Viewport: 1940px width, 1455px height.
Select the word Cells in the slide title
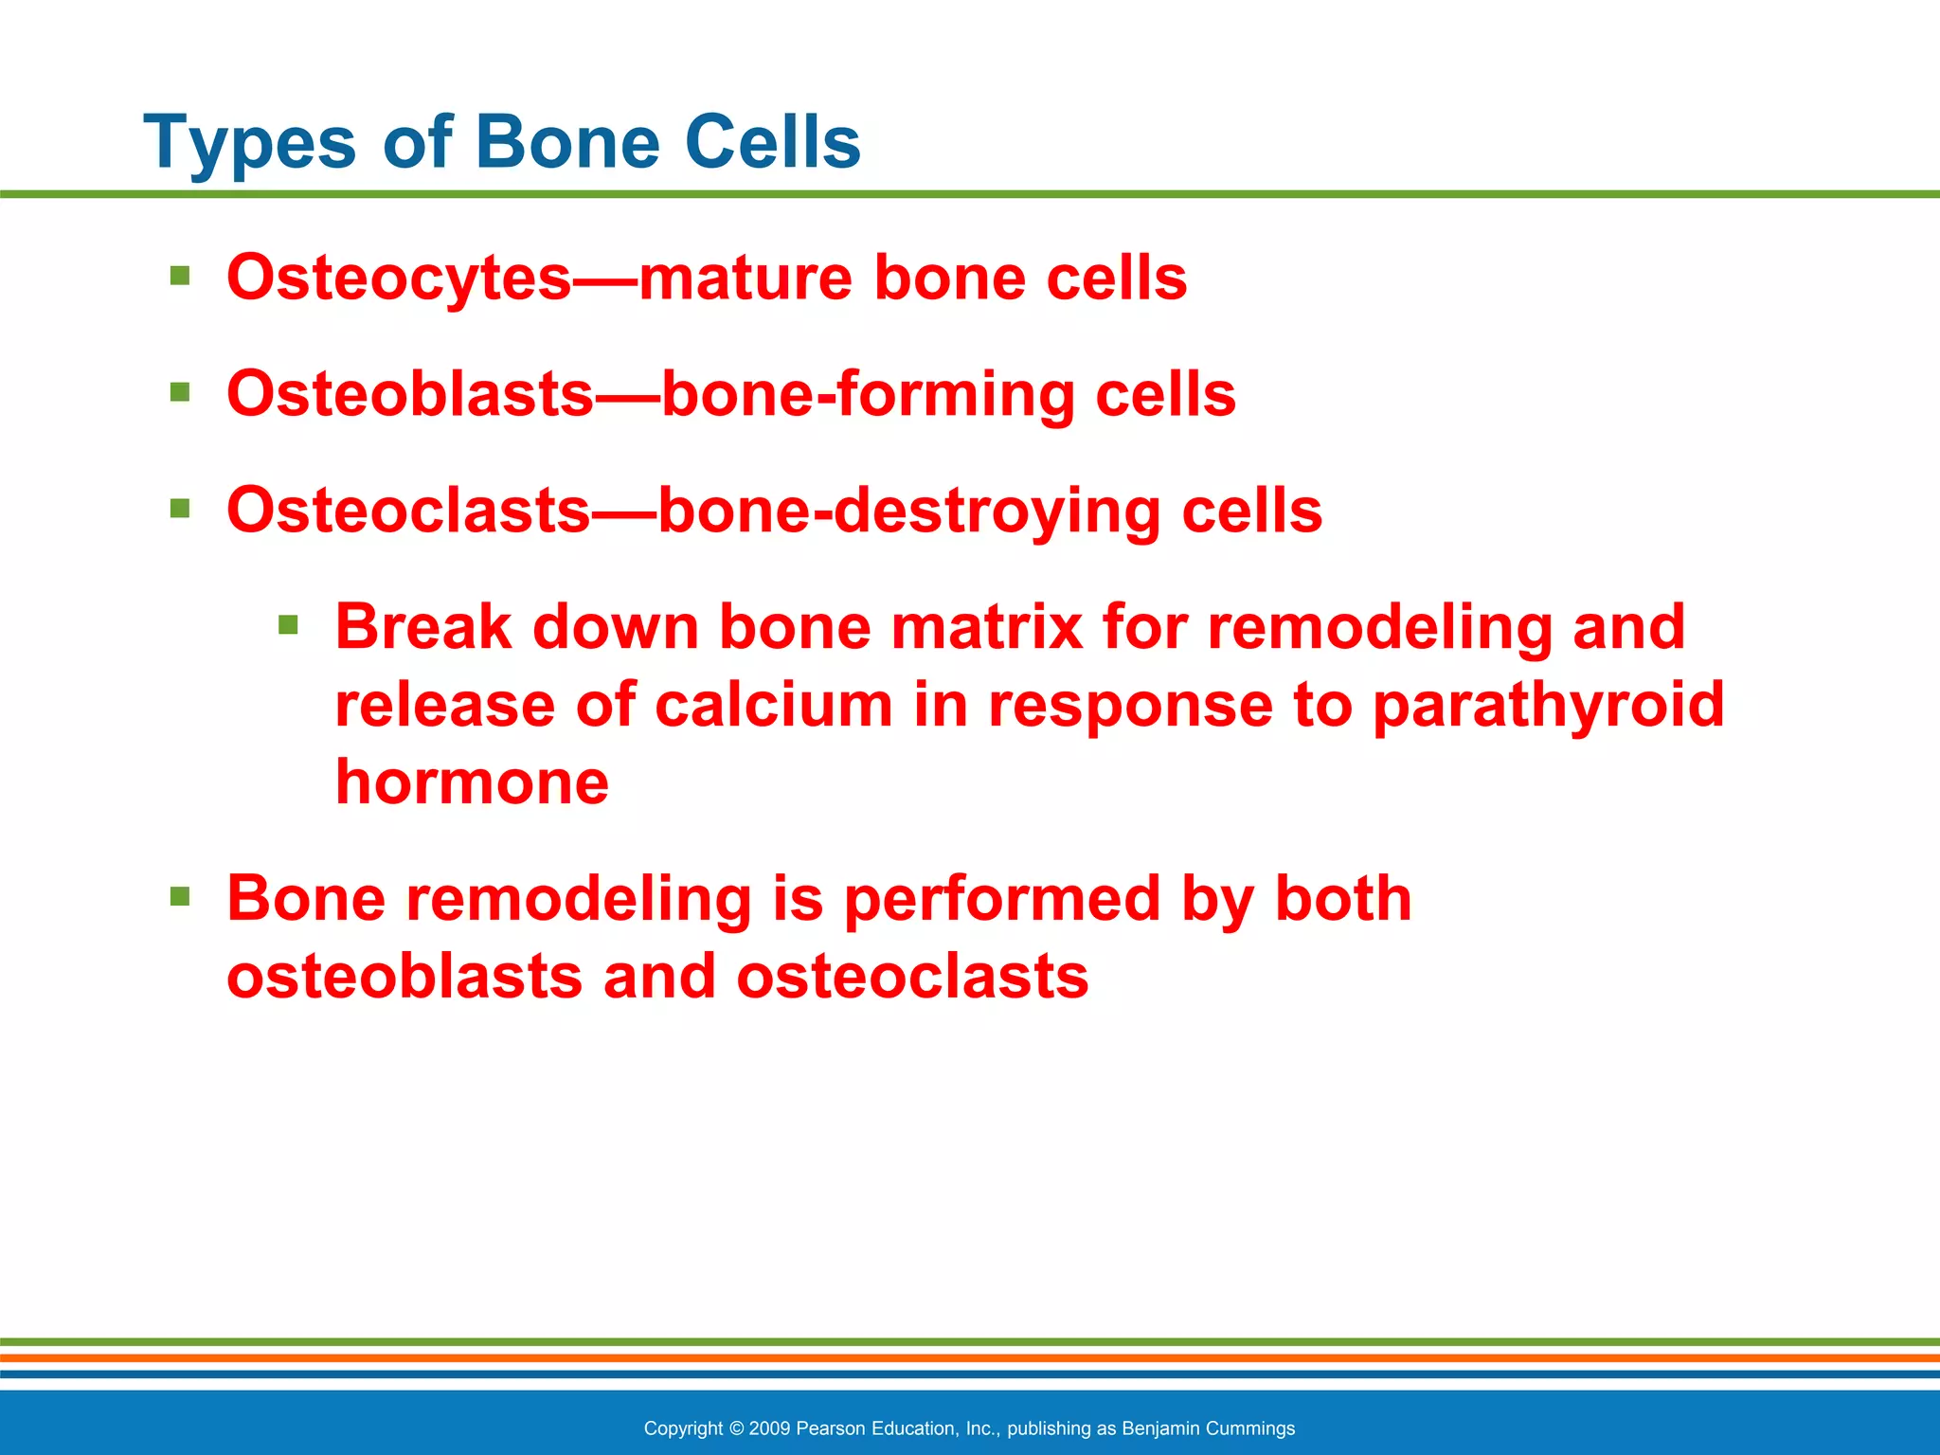[771, 142]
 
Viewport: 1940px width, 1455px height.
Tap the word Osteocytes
[399, 278]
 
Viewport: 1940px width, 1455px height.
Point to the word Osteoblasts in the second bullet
[410, 394]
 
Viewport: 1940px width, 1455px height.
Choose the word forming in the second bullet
[956, 396]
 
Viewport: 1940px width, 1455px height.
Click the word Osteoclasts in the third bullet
[408, 511]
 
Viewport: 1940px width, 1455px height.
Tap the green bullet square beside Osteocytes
[180, 277]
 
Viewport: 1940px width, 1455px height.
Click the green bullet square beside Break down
[288, 625]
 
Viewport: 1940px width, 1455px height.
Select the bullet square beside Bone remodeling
[180, 896]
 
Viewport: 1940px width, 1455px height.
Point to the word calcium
[773, 706]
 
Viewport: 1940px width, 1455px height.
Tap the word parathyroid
[1548, 707]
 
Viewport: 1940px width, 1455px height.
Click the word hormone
[472, 783]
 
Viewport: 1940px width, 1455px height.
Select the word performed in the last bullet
[1001, 900]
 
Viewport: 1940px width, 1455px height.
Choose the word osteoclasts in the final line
[912, 977]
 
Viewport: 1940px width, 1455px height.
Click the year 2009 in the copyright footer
[769, 1428]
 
